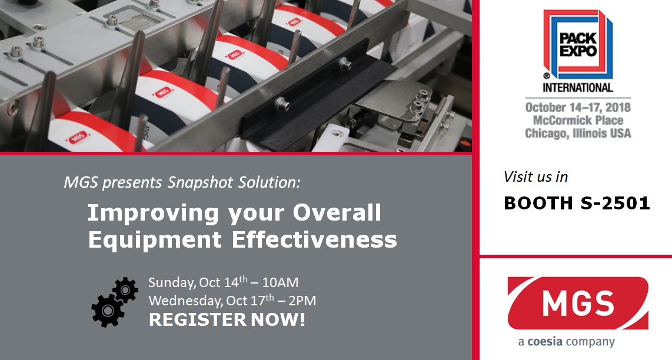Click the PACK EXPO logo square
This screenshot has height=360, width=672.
coord(577,45)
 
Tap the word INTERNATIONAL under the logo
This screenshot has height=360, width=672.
coord(577,88)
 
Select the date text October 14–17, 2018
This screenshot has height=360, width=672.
coord(578,108)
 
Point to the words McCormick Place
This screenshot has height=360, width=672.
coord(578,121)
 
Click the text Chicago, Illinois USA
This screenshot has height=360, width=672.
coord(578,134)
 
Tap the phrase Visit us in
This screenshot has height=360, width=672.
coord(535,176)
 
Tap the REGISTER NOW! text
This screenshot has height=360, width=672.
coord(227,321)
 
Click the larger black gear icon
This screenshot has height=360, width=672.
coord(107,309)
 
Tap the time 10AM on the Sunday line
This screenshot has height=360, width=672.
coord(288,282)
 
